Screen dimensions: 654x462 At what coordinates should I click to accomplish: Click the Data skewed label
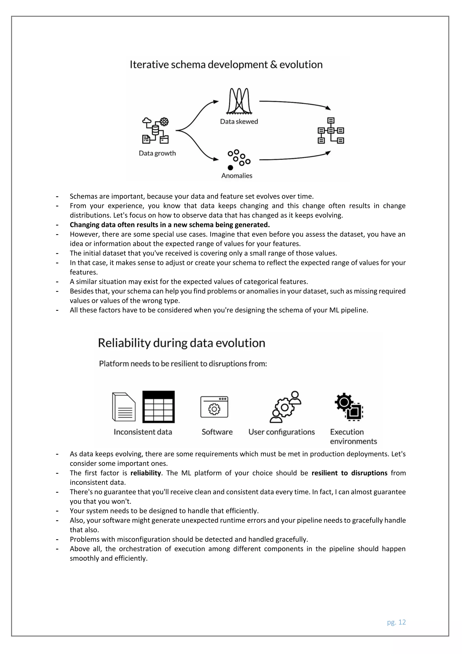point(239,122)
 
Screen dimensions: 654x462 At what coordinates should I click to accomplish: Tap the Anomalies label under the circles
point(237,176)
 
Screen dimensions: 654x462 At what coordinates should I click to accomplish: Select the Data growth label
point(157,153)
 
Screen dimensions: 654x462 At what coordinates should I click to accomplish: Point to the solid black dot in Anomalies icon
point(230,168)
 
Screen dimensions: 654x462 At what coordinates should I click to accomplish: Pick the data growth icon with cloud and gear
point(155,131)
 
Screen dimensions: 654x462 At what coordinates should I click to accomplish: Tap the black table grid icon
point(158,407)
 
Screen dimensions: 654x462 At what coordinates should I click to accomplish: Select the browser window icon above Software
point(214,407)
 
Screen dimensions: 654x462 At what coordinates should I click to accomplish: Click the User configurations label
point(281,432)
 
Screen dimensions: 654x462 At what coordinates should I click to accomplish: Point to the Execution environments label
point(353,436)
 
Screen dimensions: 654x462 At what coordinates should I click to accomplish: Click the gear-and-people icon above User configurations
point(285,407)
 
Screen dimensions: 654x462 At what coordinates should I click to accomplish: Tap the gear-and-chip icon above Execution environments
point(349,407)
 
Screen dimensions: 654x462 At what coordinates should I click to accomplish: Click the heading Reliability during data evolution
point(182,343)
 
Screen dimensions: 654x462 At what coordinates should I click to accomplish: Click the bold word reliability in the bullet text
point(146,473)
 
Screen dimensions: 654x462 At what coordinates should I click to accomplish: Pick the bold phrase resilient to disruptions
point(349,473)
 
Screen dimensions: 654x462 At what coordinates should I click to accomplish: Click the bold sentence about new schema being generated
point(170,225)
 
